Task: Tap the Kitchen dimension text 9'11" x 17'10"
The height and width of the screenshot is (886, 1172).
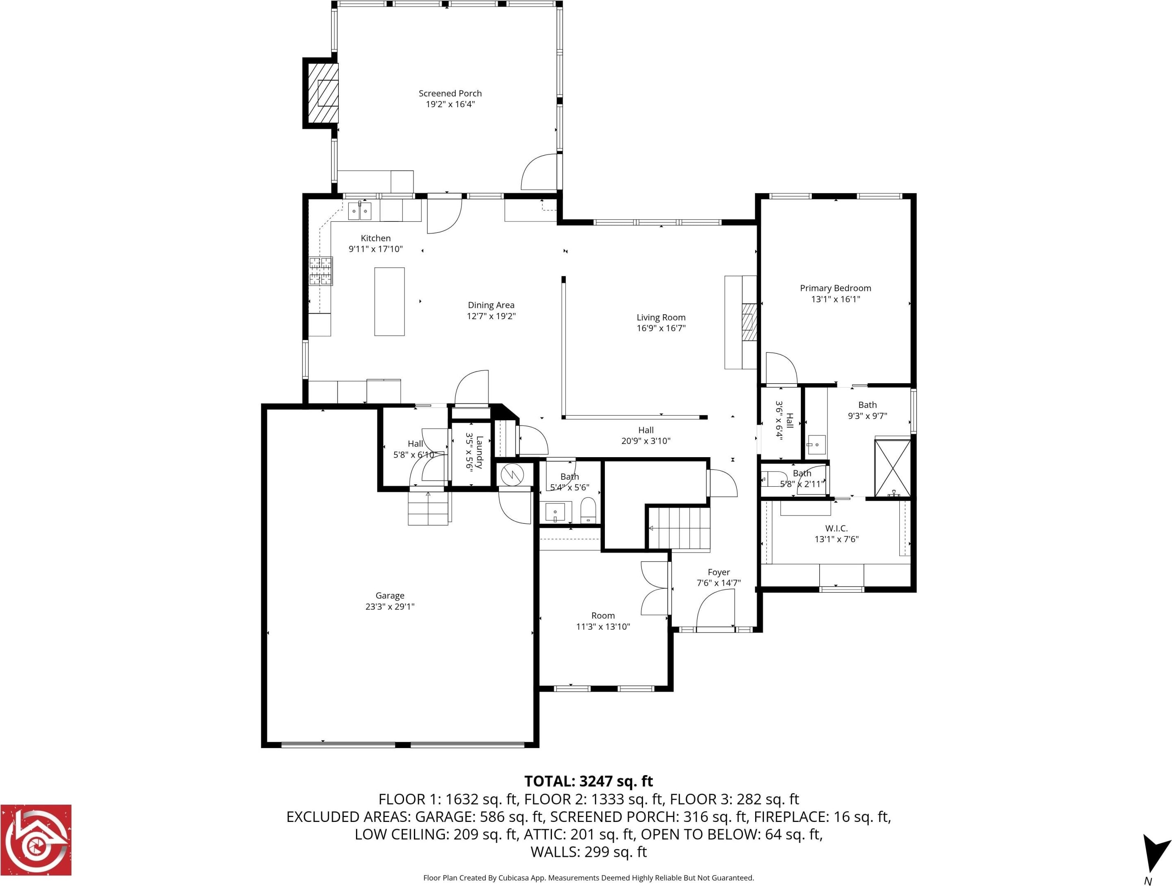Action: pos(376,249)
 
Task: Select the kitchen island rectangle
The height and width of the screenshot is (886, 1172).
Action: pos(389,301)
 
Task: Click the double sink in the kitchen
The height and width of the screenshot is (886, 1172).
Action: pos(360,211)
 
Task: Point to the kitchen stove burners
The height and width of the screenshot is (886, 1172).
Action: pos(321,271)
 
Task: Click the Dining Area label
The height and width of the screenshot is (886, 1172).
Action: pos(491,305)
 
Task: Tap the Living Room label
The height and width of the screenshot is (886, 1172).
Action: pos(661,318)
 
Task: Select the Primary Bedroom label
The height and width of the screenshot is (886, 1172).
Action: pos(836,288)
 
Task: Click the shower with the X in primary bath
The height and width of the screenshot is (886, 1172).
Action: pos(892,468)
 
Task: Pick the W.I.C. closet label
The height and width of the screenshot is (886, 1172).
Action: pos(836,528)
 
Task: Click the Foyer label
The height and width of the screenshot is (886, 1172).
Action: pos(719,572)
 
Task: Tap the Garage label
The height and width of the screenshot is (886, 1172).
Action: pos(390,596)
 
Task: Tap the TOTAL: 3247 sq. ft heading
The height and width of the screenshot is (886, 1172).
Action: pos(588,782)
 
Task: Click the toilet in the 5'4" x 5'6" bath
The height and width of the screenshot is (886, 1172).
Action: pos(588,510)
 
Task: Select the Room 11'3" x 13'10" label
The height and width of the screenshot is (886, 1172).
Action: pos(603,621)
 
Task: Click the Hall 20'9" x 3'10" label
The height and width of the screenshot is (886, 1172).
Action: pos(646,435)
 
